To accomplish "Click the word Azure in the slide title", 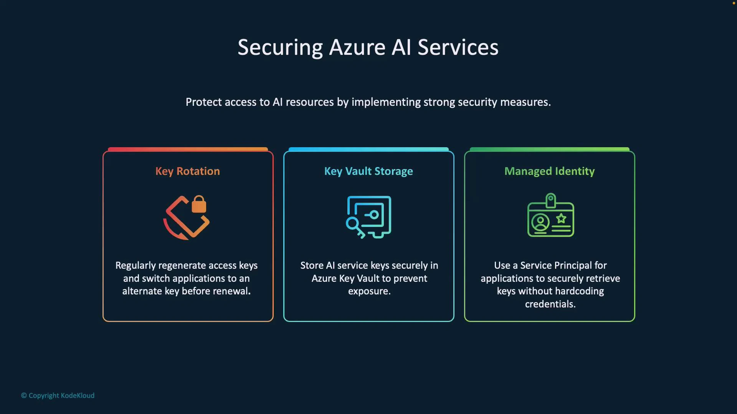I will coord(357,48).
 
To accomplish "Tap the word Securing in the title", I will coord(280,48).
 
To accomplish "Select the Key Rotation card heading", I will coord(188,171).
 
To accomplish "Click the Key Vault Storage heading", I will coord(368,171).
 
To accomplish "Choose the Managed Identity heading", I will coord(549,171).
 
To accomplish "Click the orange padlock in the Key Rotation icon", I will coord(199,204).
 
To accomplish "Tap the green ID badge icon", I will coord(550,215).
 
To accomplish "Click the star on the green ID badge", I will coord(561,219).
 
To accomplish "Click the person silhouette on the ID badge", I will coord(540,222).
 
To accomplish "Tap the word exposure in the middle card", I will coord(369,291).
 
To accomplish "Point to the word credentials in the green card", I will coord(550,304).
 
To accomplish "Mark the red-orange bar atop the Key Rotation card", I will coord(188,149).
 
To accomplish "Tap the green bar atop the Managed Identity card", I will coord(549,149).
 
